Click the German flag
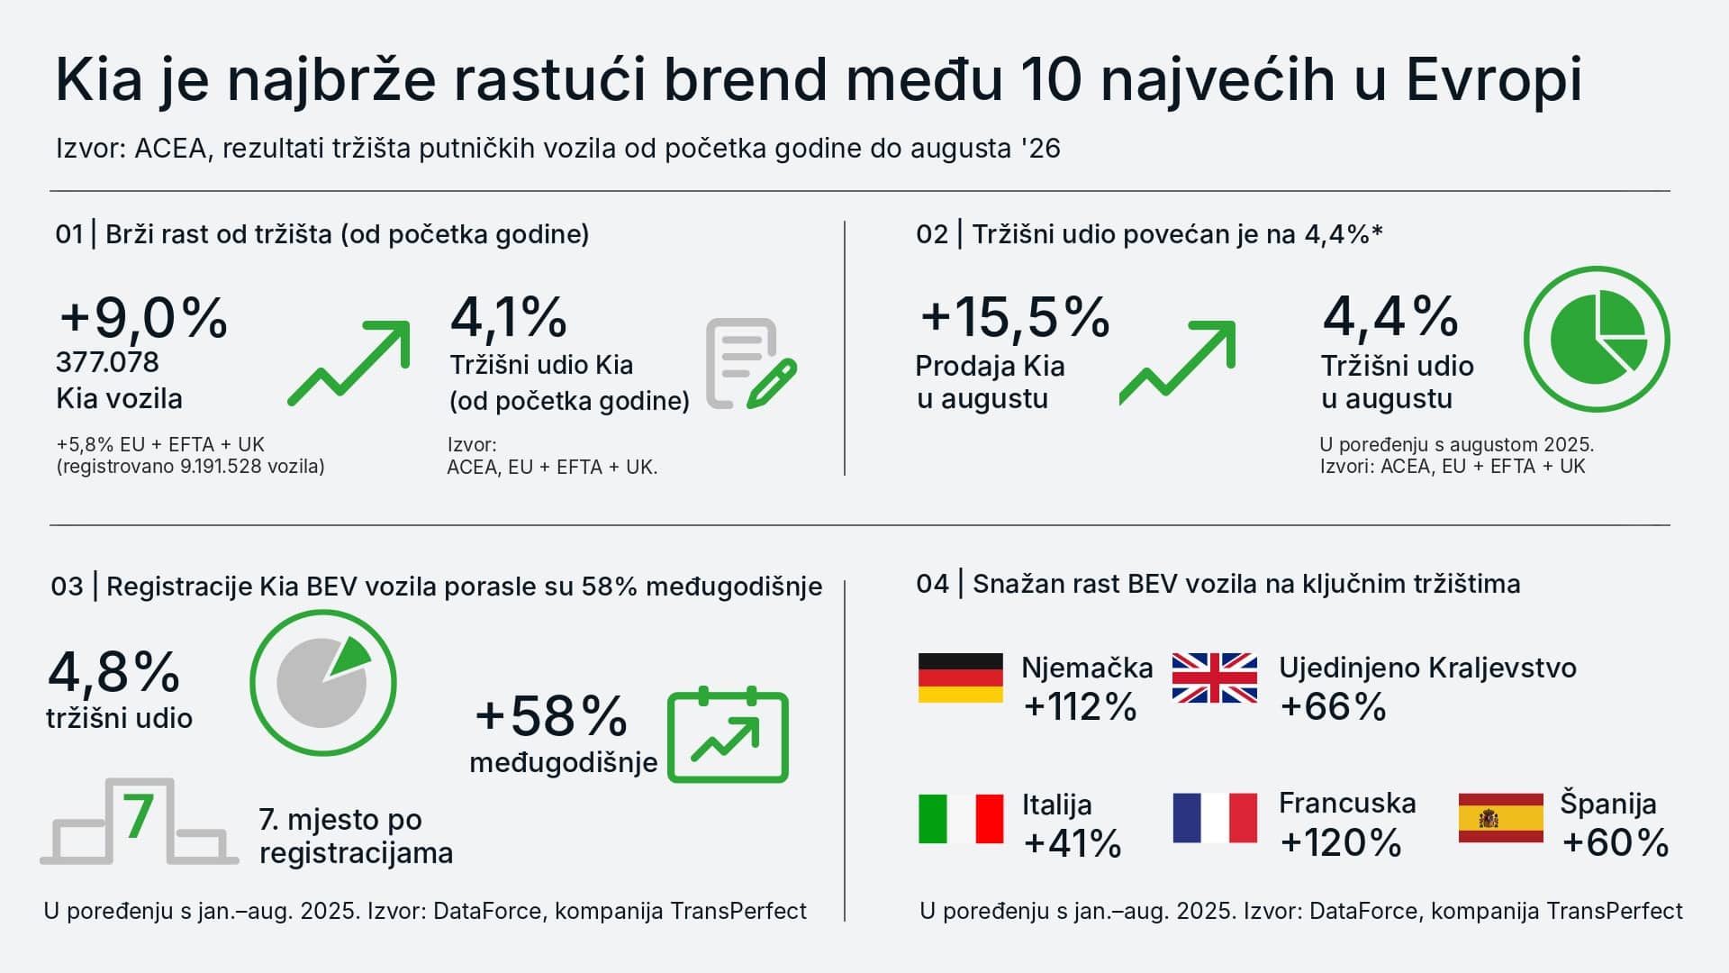click(960, 677)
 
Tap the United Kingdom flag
click(1214, 677)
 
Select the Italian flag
click(960, 818)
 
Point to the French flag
click(1214, 818)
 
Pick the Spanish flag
click(1500, 818)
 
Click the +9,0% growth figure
click(144, 318)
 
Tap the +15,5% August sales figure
click(1015, 317)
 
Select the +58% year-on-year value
click(551, 716)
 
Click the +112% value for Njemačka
click(1080, 707)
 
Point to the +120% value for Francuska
click(1340, 843)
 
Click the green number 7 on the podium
click(138, 816)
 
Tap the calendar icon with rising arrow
click(728, 734)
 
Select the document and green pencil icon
click(751, 363)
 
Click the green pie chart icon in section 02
click(1597, 339)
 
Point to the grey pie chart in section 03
click(322, 682)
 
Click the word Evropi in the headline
click(1493, 80)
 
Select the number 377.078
click(107, 362)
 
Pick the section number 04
click(932, 584)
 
